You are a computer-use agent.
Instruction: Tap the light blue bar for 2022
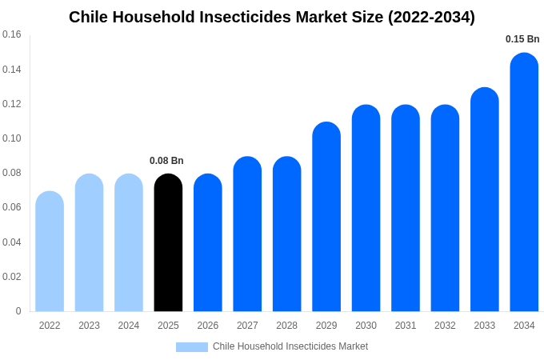(50, 251)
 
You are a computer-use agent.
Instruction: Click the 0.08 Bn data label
(166, 161)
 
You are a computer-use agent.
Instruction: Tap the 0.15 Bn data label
(522, 39)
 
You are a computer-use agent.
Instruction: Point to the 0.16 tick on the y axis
(12, 34)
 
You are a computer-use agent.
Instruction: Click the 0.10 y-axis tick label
(12, 138)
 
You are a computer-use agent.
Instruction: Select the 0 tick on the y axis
(18, 311)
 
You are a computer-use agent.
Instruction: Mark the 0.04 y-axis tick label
(12, 242)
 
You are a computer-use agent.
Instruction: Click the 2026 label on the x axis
(208, 326)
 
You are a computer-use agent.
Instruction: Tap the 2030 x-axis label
(366, 326)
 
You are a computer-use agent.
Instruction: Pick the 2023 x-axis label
(89, 326)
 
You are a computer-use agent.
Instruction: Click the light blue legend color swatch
(192, 347)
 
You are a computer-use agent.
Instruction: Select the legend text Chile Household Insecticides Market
(290, 346)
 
